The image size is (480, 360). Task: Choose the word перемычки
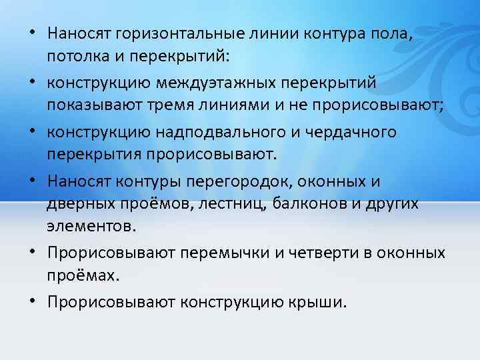[x=217, y=253]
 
